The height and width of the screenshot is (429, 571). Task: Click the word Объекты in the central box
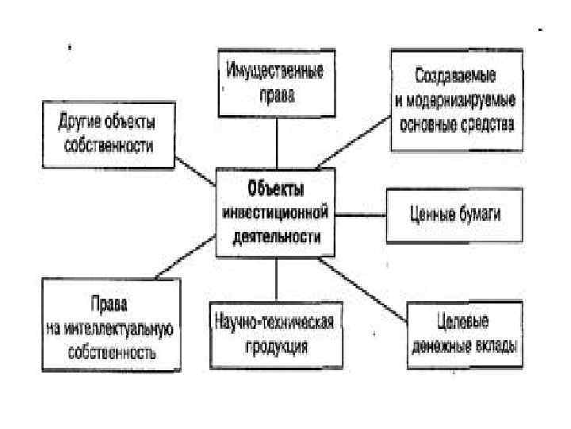coord(274,189)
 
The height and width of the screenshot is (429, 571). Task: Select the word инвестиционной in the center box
coord(274,213)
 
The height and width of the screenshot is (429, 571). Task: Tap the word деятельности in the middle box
coord(274,236)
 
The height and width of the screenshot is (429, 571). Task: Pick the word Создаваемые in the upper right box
coord(456,78)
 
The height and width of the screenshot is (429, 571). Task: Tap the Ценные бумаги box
coord(454,214)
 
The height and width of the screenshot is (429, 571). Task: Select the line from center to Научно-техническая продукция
coord(276,279)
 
